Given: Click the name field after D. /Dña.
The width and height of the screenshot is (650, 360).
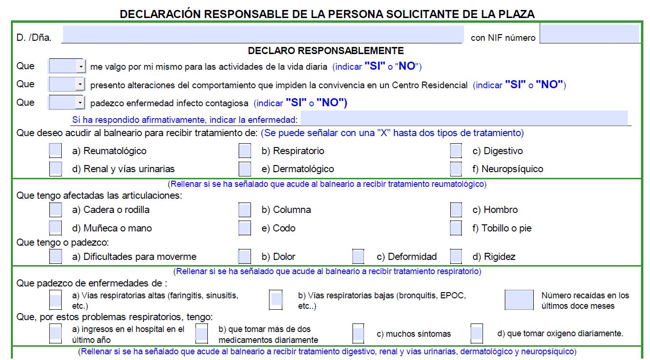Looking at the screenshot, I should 262,35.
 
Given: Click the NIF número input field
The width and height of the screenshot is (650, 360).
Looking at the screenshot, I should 593,34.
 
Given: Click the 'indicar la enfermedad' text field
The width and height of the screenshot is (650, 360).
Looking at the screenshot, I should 464,118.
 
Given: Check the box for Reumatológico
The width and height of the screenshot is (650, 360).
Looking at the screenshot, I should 56,151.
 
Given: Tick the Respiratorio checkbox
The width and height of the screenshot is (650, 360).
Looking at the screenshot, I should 245,151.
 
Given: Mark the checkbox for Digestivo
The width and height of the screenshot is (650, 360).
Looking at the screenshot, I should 456,151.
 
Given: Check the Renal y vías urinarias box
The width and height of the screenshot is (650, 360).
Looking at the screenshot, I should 56,168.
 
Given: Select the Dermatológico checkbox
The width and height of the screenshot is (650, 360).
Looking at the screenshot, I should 245,168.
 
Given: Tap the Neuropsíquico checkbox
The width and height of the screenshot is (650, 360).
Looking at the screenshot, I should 456,168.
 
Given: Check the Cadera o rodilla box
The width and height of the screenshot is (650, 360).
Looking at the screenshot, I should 56,210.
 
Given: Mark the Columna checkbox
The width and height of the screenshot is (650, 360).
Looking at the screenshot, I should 245,210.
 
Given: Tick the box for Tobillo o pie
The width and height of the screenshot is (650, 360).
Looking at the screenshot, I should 456,228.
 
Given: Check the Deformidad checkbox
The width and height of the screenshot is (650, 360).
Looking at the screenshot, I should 358,257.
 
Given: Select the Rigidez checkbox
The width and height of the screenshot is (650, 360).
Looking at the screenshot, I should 456,257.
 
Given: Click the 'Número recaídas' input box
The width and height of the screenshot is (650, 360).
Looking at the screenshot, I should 519,300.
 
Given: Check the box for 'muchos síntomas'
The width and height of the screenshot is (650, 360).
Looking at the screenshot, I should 358,334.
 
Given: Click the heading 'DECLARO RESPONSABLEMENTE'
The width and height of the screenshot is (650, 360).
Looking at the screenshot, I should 325,51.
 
